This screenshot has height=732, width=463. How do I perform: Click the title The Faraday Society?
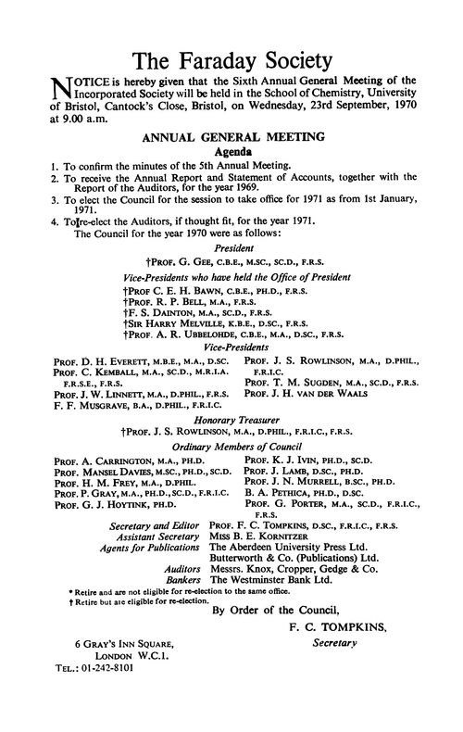[x=231, y=62]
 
